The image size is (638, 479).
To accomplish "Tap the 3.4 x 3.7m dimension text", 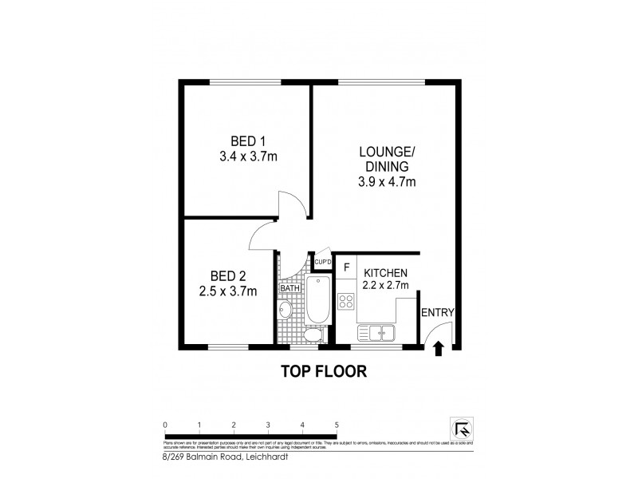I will pyautogui.click(x=247, y=156).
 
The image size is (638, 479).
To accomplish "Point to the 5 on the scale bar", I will pyautogui.click(x=337, y=425).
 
